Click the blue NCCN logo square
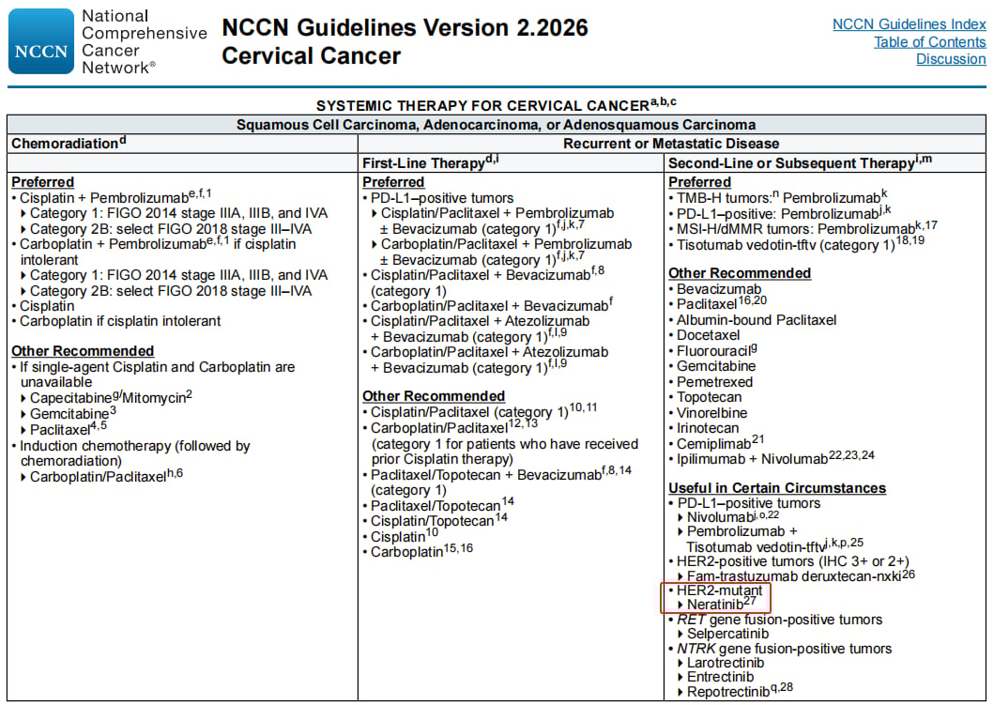[x=40, y=41]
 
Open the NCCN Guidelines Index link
[x=909, y=24]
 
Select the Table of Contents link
[x=929, y=42]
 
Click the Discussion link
[x=951, y=59]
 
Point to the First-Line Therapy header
[x=423, y=163]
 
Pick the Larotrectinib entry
[x=726, y=663]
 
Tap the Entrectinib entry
[x=720, y=677]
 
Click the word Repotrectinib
[x=729, y=692]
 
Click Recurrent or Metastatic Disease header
[x=671, y=144]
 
